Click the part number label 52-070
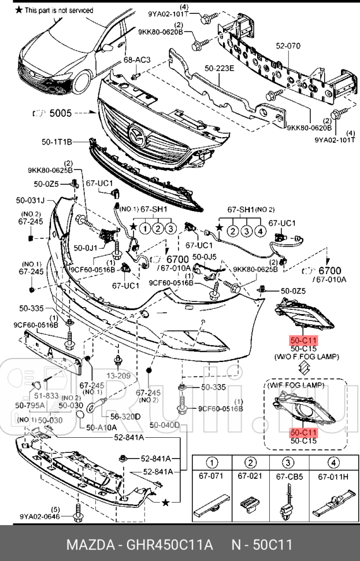288,45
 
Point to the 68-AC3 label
136,60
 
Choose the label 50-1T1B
56,141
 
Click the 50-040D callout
165,426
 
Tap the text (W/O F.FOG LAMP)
306,357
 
